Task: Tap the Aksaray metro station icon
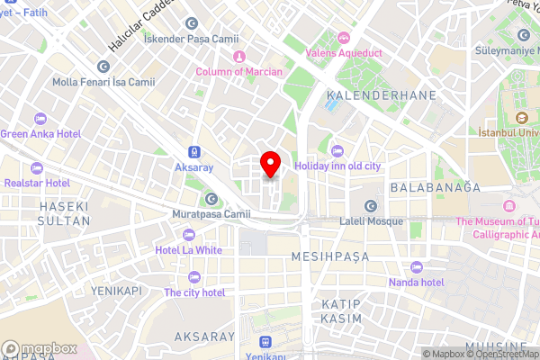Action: [x=195, y=152]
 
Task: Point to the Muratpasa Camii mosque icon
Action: [x=212, y=199]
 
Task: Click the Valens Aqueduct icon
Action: [x=345, y=38]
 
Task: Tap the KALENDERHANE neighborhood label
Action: [x=382, y=94]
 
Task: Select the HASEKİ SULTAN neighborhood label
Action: [x=64, y=213]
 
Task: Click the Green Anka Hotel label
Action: [x=40, y=134]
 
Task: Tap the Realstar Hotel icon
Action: [x=37, y=167]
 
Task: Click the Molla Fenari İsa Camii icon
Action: [x=103, y=67]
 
